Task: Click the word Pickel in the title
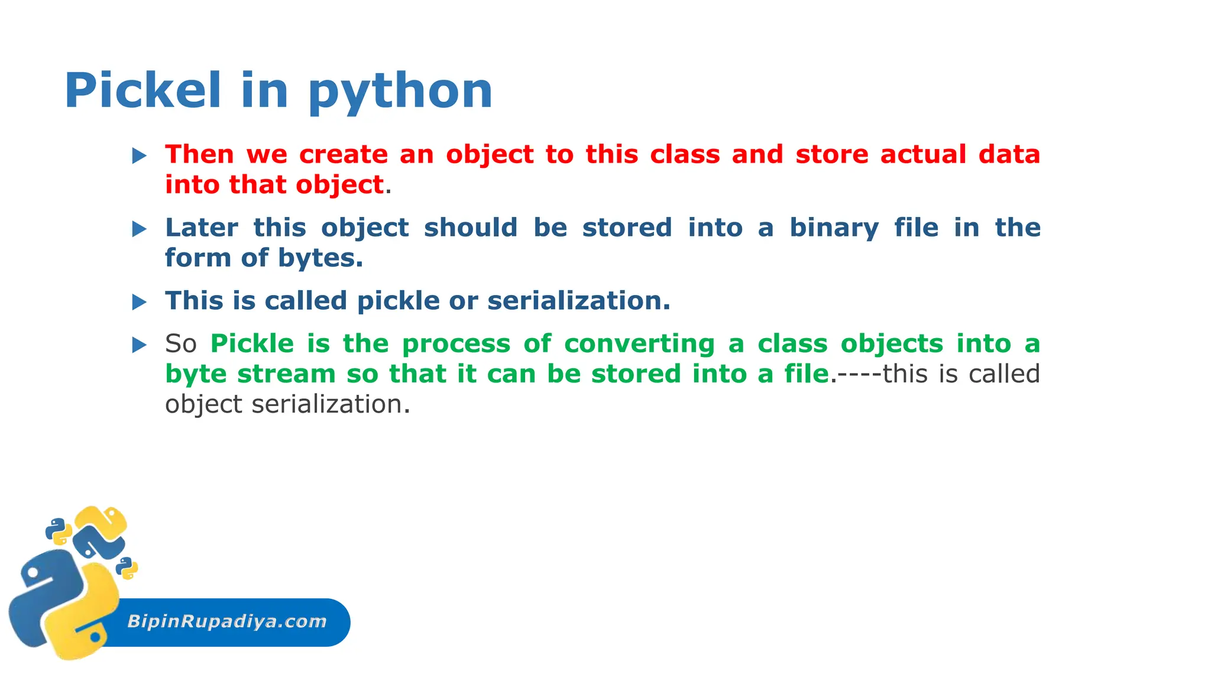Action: pyautogui.click(x=142, y=90)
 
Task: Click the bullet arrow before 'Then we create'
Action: pyautogui.click(x=140, y=156)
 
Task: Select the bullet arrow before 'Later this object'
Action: pyautogui.click(x=140, y=229)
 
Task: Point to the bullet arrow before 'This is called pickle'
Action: pyautogui.click(x=140, y=303)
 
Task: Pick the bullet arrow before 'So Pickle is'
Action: pyautogui.click(x=140, y=345)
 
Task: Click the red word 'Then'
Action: pyautogui.click(x=199, y=154)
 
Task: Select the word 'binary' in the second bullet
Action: pyautogui.click(x=834, y=228)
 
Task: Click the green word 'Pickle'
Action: pyautogui.click(x=252, y=343)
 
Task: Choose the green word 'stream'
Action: pyautogui.click(x=286, y=374)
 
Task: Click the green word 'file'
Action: pyautogui.click(x=807, y=374)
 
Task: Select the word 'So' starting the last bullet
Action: pyautogui.click(x=180, y=344)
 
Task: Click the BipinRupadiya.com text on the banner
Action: pyautogui.click(x=226, y=621)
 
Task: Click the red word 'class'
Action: pyautogui.click(x=685, y=154)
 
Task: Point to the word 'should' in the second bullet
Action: pyautogui.click(x=471, y=228)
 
